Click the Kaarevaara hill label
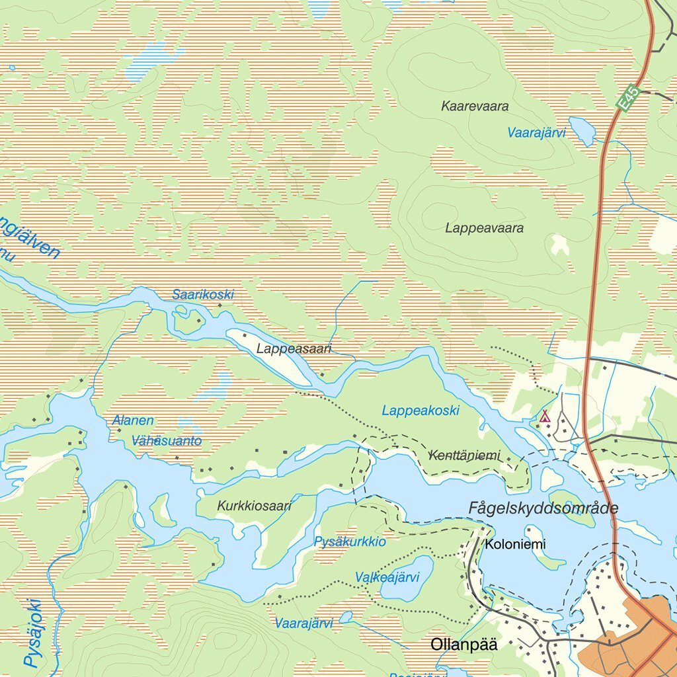[x=475, y=106]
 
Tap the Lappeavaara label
[x=484, y=228]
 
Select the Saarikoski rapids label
[x=203, y=294]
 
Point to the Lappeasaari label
[x=294, y=348]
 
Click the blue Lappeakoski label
[x=420, y=411]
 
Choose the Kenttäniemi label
[x=465, y=456]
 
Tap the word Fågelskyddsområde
[x=543, y=508]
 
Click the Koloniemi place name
[x=515, y=545]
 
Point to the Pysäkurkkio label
[x=350, y=542]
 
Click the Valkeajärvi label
[x=387, y=577]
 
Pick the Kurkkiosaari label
[x=254, y=506]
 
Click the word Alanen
[x=133, y=420]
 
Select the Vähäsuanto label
[x=167, y=441]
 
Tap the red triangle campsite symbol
[x=545, y=416]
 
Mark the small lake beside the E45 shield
[x=582, y=131]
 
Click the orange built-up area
[x=628, y=645]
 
